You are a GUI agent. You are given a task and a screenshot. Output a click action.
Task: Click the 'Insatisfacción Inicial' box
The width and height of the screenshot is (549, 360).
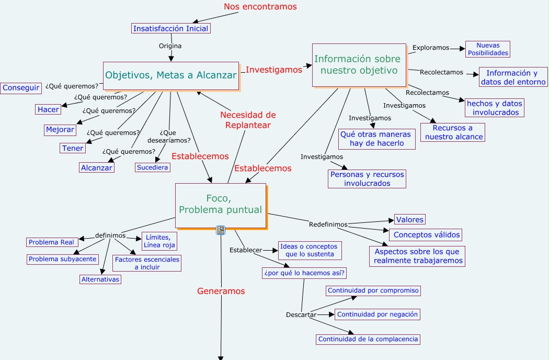tap(170, 29)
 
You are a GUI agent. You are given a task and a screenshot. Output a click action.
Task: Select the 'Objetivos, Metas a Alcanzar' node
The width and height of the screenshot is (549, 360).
tap(171, 75)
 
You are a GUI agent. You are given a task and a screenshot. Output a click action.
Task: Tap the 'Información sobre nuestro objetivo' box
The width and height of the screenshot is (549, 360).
tap(359, 65)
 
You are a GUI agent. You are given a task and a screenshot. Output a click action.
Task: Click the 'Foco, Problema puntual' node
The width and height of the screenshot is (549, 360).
tap(220, 205)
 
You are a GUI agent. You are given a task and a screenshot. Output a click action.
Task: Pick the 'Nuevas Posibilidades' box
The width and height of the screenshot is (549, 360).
tap(487, 49)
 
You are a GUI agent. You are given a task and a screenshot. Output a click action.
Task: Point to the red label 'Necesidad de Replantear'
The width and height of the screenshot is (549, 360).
tap(248, 120)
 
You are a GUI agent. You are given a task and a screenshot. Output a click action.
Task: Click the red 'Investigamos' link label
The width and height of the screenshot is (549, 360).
tap(274, 70)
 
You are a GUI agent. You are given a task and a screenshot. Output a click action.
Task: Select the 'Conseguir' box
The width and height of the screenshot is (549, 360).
tap(21, 88)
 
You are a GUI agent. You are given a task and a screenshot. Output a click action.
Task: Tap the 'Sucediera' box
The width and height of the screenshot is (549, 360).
tap(152, 167)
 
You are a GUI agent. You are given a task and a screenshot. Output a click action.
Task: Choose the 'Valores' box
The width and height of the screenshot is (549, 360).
tap(409, 220)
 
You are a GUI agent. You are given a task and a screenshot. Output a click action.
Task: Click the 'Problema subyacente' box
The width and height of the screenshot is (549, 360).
tap(62, 259)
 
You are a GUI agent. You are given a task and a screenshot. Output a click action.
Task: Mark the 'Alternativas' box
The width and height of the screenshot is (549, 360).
tap(100, 279)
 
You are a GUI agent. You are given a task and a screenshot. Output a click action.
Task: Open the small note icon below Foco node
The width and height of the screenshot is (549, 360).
tap(221, 230)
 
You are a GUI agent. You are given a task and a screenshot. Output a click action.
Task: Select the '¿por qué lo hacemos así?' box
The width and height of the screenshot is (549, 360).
tap(305, 273)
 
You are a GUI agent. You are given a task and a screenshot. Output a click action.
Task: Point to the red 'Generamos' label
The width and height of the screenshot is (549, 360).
tap(221, 291)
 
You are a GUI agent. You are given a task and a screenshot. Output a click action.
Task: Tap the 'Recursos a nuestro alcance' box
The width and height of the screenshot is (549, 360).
tap(453, 132)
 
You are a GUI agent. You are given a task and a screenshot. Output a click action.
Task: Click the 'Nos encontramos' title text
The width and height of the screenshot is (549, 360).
tap(260, 7)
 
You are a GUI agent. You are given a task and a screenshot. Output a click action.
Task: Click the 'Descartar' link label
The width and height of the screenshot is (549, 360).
tap(301, 314)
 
